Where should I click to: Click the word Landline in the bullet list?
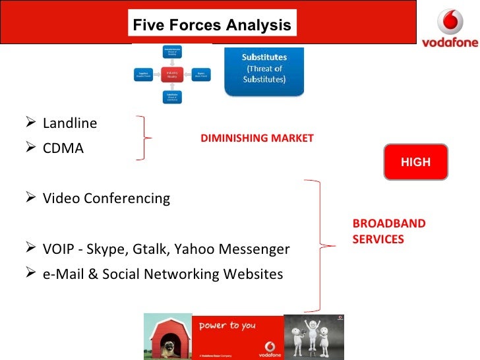[x=69, y=123]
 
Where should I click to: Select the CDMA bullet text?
[x=63, y=148]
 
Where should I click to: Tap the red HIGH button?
[x=415, y=162]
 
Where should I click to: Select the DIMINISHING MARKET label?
[x=257, y=138]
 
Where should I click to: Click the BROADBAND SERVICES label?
[x=388, y=231]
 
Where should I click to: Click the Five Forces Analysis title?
[x=212, y=26]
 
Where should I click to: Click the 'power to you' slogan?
[x=228, y=325]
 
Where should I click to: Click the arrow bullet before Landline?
[x=34, y=123]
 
